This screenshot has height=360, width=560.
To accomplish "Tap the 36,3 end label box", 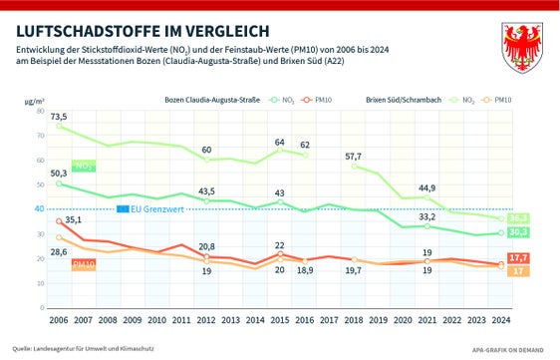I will point(517,218).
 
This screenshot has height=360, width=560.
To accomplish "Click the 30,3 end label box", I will point(517,233).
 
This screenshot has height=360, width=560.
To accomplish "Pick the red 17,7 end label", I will point(517,259).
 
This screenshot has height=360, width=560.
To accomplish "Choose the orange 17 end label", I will point(517,272).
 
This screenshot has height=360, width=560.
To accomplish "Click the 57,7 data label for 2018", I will point(354,157).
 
